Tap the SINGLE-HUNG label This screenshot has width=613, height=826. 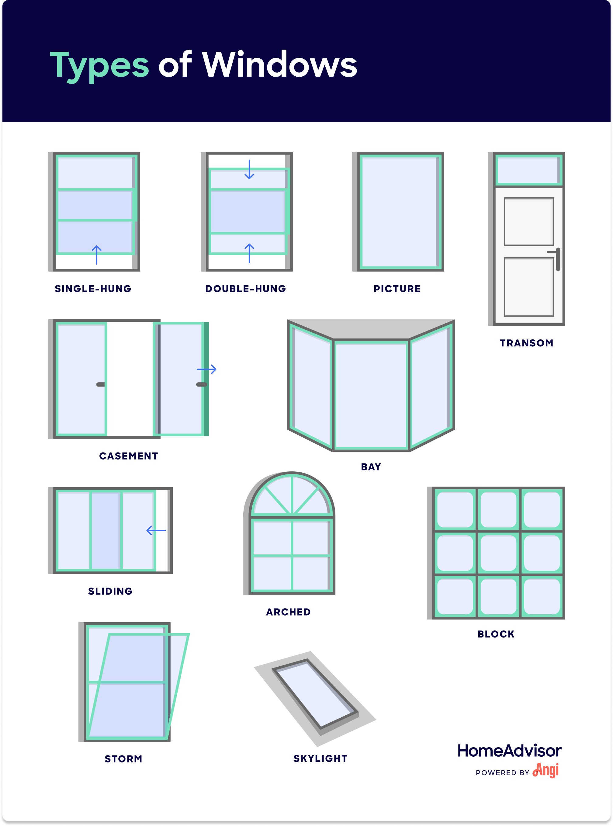pos(93,289)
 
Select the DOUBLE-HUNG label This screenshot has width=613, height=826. pos(246,289)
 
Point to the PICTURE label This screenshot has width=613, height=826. pos(397,289)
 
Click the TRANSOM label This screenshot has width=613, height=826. pos(526,343)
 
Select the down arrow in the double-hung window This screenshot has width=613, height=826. pos(249,170)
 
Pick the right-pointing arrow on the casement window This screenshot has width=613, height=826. pos(207,369)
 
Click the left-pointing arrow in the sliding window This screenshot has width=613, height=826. pos(156,530)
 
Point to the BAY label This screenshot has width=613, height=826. pos(371,467)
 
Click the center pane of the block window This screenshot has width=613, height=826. pos(498,553)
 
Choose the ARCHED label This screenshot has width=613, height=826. pos(288,612)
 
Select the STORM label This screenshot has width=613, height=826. pos(123,759)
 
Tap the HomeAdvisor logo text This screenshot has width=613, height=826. pos(510,751)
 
